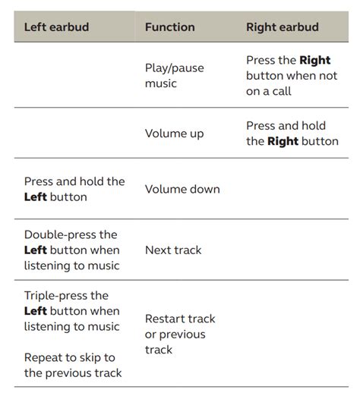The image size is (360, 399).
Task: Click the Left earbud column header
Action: tap(56, 27)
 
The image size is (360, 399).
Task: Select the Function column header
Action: tap(169, 27)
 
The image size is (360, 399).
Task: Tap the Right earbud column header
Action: tap(283, 27)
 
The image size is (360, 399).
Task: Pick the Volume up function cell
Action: tap(175, 134)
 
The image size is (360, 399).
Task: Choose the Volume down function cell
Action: tap(182, 189)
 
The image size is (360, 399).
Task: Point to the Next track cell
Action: tap(174, 250)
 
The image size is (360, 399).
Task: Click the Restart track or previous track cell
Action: tap(180, 334)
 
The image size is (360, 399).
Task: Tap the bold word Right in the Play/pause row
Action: tap(315, 60)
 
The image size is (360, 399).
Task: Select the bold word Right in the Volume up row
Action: tap(283, 141)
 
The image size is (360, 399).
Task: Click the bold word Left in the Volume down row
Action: tap(36, 197)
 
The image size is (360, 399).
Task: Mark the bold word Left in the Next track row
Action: tap(36, 250)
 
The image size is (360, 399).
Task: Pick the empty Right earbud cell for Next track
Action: tap(292, 250)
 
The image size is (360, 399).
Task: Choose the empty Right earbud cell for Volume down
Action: tap(292, 189)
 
